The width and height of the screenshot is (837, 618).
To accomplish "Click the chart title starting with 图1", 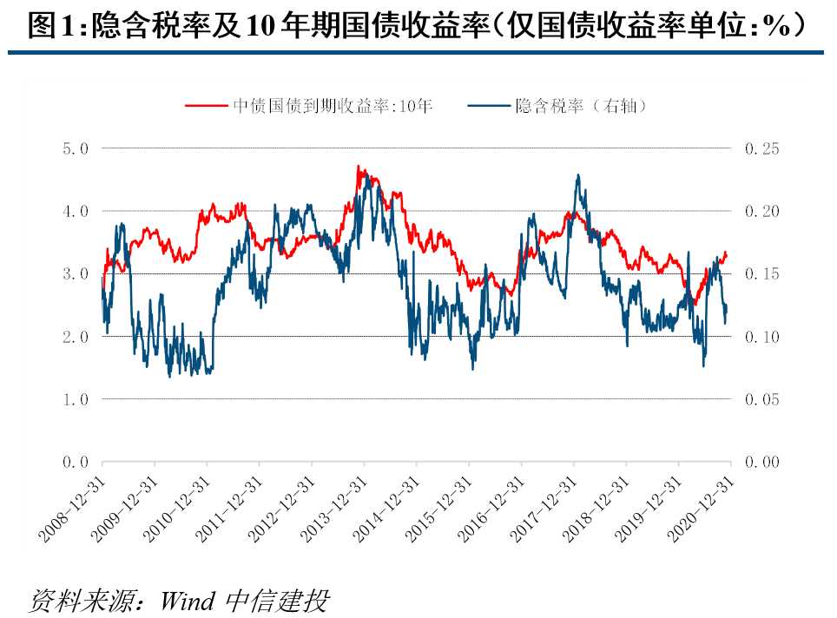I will pos(417,27).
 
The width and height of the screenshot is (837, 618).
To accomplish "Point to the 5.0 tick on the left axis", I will pos(76,148).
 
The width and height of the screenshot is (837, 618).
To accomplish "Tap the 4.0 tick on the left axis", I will pos(76,211).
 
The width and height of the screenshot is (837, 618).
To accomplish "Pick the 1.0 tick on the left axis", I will pos(76,399).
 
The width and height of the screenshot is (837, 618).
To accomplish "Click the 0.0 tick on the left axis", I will pos(76,462).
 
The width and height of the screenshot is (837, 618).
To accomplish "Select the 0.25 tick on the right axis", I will pos(761,148).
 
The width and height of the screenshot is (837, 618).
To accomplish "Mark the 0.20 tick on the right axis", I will pos(761,211).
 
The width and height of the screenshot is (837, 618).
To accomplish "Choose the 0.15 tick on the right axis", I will pos(761,274).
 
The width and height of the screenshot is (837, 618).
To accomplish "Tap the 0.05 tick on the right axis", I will pos(761,399).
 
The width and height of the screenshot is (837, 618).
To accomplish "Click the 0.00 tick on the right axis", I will pos(761,462).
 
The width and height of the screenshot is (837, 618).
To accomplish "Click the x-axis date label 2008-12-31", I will pos(73,508).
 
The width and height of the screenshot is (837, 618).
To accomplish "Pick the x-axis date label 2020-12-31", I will pos(701,508).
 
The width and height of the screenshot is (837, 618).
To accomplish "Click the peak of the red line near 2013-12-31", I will pos(358,166).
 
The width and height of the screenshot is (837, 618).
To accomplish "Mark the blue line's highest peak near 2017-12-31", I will pos(578,174).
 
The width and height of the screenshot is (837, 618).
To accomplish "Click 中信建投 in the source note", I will pos(278,600).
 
